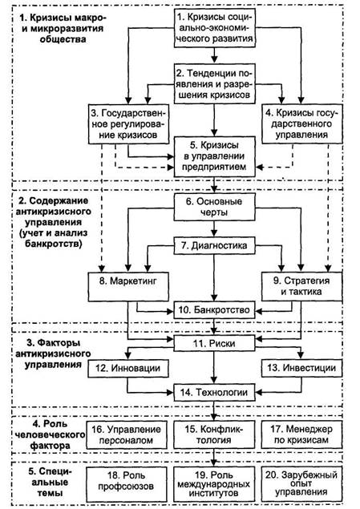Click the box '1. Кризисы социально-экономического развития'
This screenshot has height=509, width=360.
(214, 28)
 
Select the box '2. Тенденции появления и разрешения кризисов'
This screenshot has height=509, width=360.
(214, 84)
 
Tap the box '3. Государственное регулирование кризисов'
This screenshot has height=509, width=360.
(128, 124)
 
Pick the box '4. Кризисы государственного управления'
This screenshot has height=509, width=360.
(302, 124)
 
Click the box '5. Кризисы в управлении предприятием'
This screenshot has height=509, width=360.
(214, 156)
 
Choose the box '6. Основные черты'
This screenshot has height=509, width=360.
(214, 207)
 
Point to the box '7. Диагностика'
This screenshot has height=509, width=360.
(214, 245)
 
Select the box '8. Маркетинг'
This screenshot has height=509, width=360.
(128, 287)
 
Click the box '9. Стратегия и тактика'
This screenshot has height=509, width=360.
(302, 287)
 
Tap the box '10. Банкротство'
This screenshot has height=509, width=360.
(214, 310)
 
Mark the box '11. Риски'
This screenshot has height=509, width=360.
(214, 343)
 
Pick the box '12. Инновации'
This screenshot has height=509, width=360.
(128, 368)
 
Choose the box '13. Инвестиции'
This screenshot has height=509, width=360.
(302, 368)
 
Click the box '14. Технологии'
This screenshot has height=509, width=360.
(214, 392)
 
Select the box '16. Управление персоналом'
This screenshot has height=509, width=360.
(127, 435)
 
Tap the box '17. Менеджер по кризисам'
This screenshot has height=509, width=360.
(302, 435)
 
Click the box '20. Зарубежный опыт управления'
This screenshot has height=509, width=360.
(302, 483)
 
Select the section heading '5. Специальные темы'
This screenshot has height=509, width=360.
(50, 482)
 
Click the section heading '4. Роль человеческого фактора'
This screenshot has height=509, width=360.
(51, 434)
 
